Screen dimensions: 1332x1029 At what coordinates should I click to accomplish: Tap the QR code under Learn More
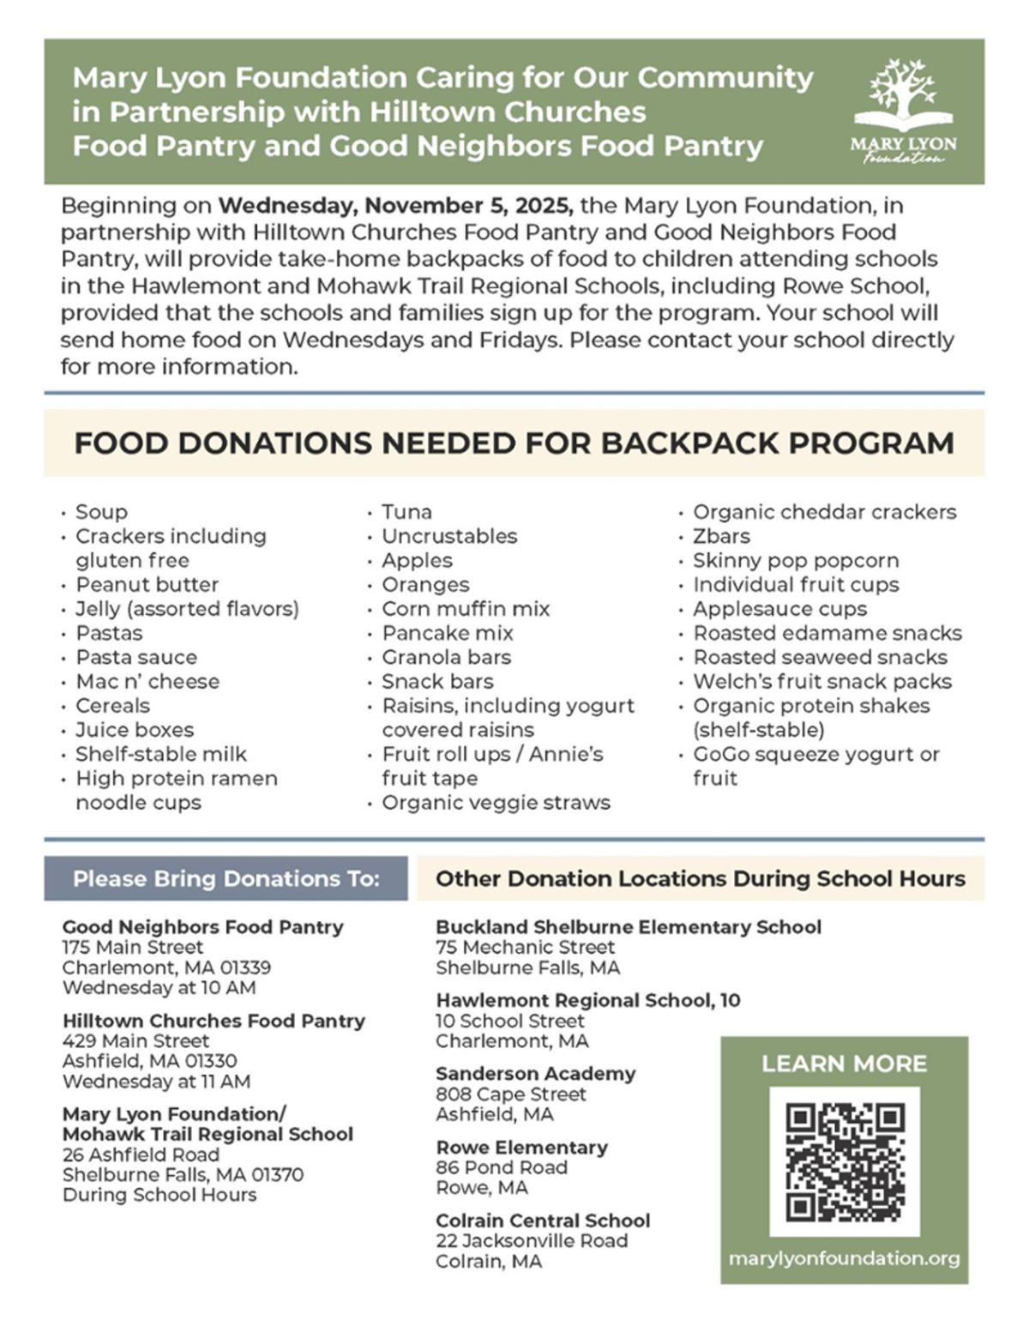click(x=845, y=1161)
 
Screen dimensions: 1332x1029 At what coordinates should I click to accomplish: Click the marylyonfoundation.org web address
click(x=844, y=1258)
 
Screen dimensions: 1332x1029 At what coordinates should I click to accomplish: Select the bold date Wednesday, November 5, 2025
click(x=395, y=206)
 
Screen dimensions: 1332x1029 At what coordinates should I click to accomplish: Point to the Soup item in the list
click(x=101, y=512)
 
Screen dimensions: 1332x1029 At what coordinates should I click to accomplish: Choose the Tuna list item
click(x=406, y=512)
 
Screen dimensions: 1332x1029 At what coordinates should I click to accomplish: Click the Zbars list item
click(x=721, y=536)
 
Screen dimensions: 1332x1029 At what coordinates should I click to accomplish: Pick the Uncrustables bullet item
click(x=449, y=536)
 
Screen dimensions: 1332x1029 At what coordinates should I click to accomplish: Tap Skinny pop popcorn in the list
click(x=796, y=560)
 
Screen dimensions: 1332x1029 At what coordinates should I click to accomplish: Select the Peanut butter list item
click(x=147, y=585)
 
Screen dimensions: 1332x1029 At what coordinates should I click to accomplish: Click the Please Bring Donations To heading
click(x=226, y=878)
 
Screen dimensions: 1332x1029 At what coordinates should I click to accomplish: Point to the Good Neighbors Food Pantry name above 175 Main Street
click(x=202, y=927)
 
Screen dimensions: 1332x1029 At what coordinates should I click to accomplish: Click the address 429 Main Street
click(x=135, y=1041)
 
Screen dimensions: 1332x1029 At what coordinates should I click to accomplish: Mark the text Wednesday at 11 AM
click(x=156, y=1082)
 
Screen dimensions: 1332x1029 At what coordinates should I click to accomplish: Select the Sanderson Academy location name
click(x=535, y=1074)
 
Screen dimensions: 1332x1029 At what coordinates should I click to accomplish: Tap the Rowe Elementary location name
click(x=521, y=1148)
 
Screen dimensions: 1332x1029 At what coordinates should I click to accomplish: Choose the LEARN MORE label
click(x=844, y=1064)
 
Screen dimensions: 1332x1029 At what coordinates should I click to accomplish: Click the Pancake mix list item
click(x=447, y=633)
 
